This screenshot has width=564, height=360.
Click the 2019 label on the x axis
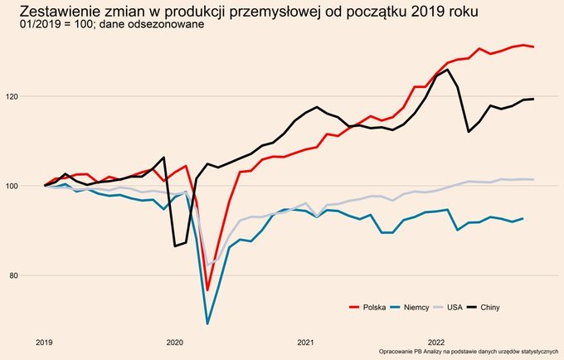pyautogui.click(x=45, y=341)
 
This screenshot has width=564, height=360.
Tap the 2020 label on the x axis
pyautogui.click(x=175, y=341)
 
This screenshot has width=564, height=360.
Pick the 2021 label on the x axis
pyautogui.click(x=305, y=341)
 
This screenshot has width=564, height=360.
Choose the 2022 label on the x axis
pyautogui.click(x=435, y=341)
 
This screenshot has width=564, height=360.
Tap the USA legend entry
pyautogui.click(x=455, y=308)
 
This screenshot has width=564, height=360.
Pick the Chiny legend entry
pyautogui.click(x=489, y=308)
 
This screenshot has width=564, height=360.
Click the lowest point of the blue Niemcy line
pyautogui.click(x=207, y=324)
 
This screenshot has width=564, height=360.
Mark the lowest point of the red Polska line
pyautogui.click(x=207, y=289)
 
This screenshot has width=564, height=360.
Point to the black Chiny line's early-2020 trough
pyautogui.click(x=175, y=246)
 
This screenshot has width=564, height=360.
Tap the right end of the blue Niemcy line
pyautogui.click(x=523, y=218)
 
